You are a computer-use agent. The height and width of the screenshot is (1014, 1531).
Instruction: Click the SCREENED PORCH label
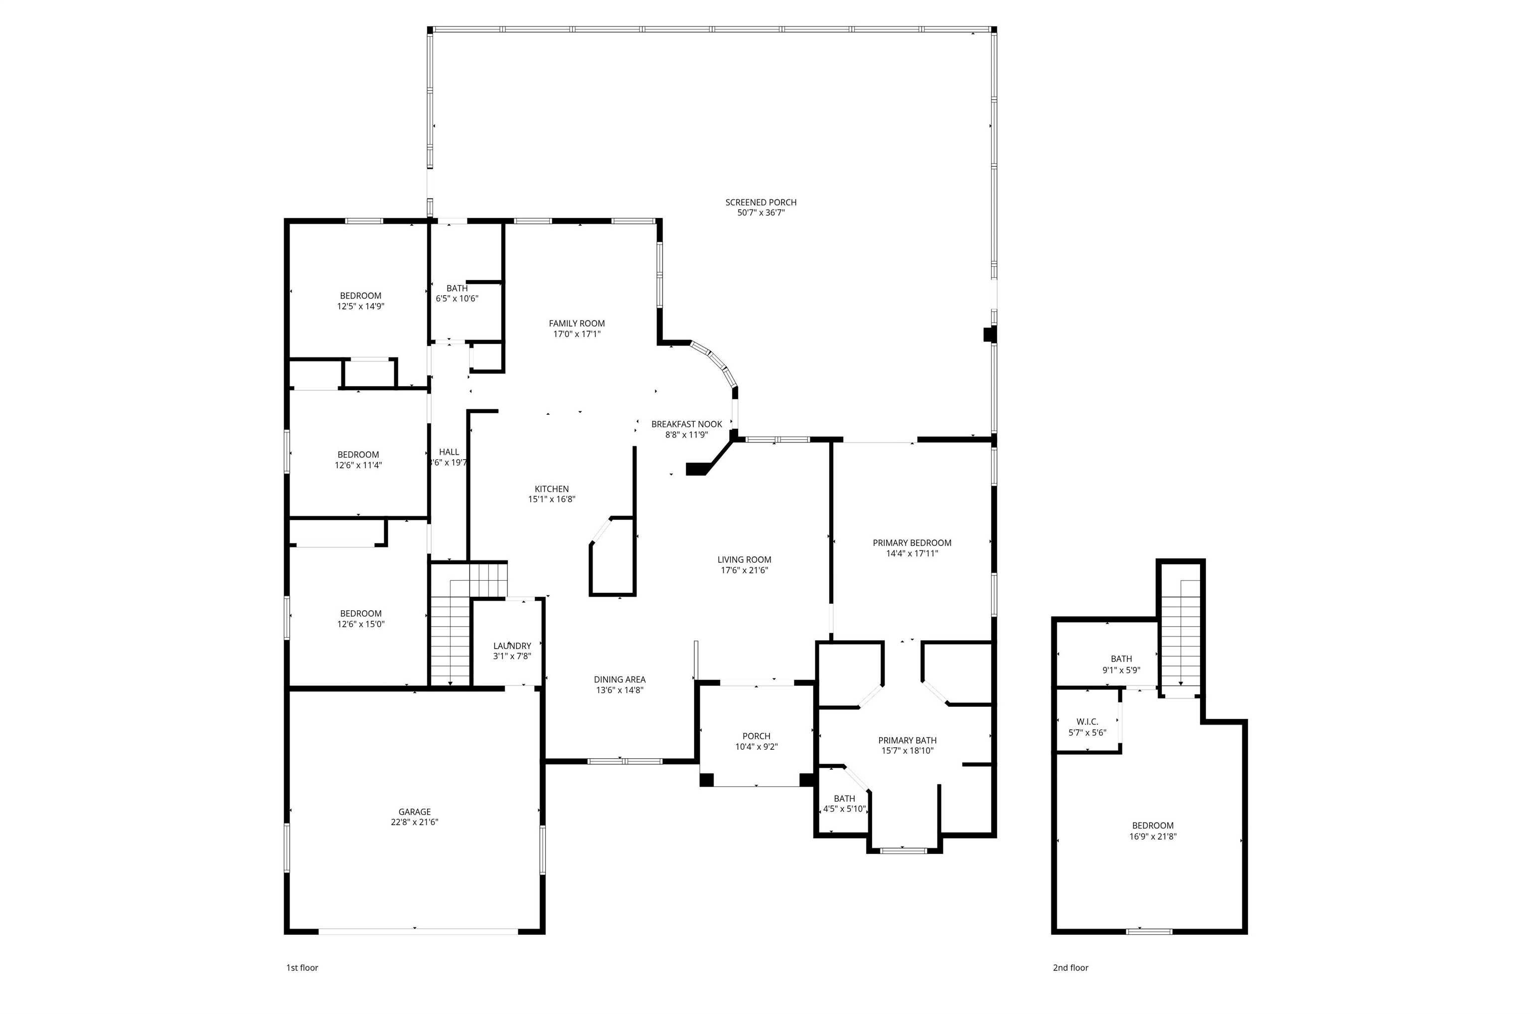point(761,202)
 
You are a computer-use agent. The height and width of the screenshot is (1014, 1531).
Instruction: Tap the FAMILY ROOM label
point(577,324)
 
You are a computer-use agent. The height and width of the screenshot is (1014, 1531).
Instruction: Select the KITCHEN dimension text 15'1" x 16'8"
point(552,499)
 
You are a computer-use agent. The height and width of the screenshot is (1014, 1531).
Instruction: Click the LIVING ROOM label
point(744,559)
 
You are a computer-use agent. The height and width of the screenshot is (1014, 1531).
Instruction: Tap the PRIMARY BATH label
point(907,740)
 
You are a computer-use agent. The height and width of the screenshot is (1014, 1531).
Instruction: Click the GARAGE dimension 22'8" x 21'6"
point(415,822)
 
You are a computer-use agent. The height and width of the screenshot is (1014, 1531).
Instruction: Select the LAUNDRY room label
point(512,646)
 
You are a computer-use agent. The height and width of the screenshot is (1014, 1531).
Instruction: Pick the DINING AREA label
point(619,679)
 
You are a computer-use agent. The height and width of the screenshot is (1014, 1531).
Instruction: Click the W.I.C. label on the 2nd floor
point(1087,722)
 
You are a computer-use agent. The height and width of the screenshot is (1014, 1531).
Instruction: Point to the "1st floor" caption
point(302,968)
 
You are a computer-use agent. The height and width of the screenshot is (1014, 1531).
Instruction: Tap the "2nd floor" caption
point(1070,968)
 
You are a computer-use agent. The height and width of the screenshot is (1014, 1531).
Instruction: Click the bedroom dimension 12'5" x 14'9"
point(360,307)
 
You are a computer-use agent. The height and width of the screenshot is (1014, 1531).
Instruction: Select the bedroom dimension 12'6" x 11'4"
point(358,465)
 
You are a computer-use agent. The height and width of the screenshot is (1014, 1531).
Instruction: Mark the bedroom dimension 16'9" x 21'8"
point(1152,836)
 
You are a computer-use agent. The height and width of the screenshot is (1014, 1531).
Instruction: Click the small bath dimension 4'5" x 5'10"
point(844,809)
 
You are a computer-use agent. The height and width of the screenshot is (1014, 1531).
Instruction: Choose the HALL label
point(449,452)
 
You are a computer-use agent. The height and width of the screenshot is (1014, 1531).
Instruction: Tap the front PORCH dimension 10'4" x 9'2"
point(756,747)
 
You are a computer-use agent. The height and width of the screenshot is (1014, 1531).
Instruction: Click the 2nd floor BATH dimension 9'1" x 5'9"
point(1121,671)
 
